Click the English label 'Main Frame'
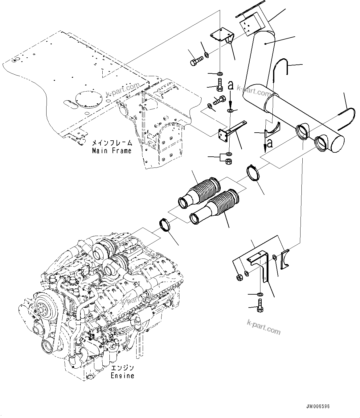(112, 151)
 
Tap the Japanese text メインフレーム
(112, 143)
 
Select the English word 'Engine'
(122, 376)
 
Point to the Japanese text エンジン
(122, 368)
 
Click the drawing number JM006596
(318, 406)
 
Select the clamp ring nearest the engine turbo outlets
(166, 224)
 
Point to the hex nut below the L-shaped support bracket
(229, 161)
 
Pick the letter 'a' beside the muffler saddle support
(270, 143)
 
